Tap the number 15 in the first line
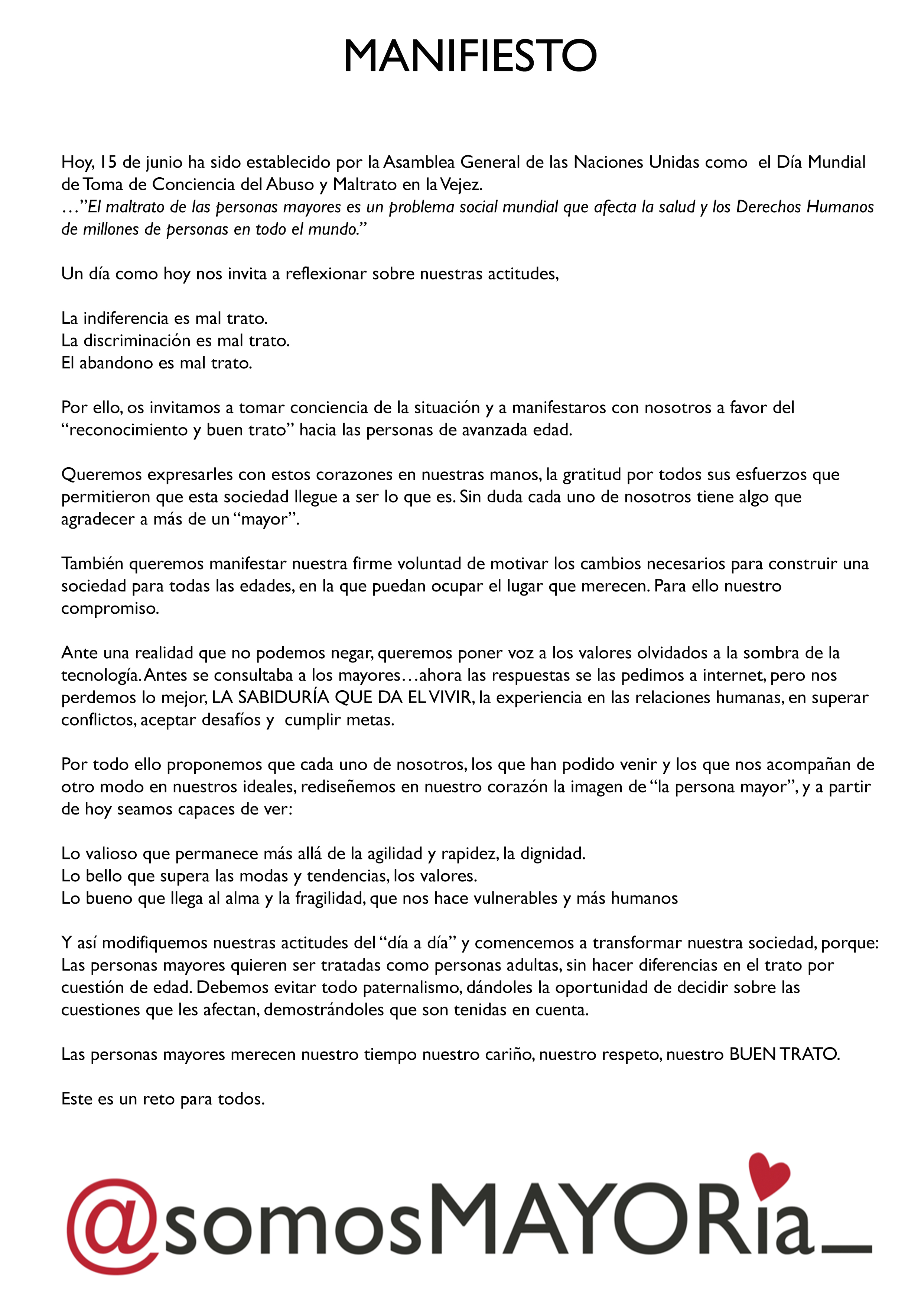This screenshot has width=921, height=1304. click(x=108, y=162)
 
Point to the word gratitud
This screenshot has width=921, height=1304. click(x=592, y=475)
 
